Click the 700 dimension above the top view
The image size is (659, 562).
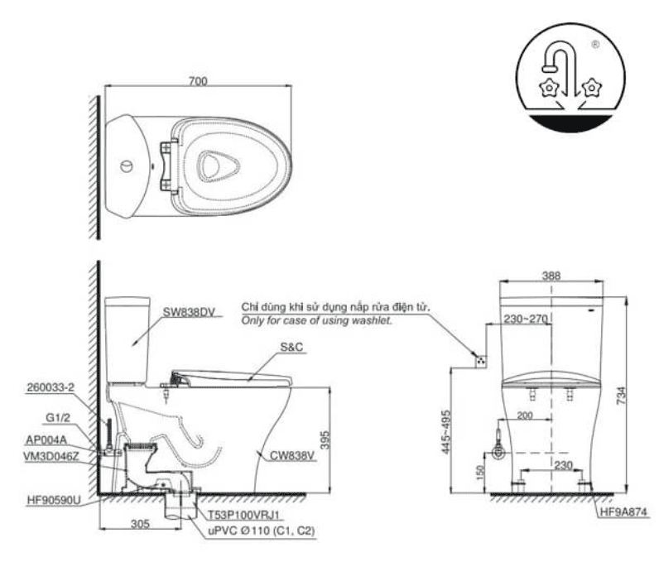pyautogui.click(x=198, y=81)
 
